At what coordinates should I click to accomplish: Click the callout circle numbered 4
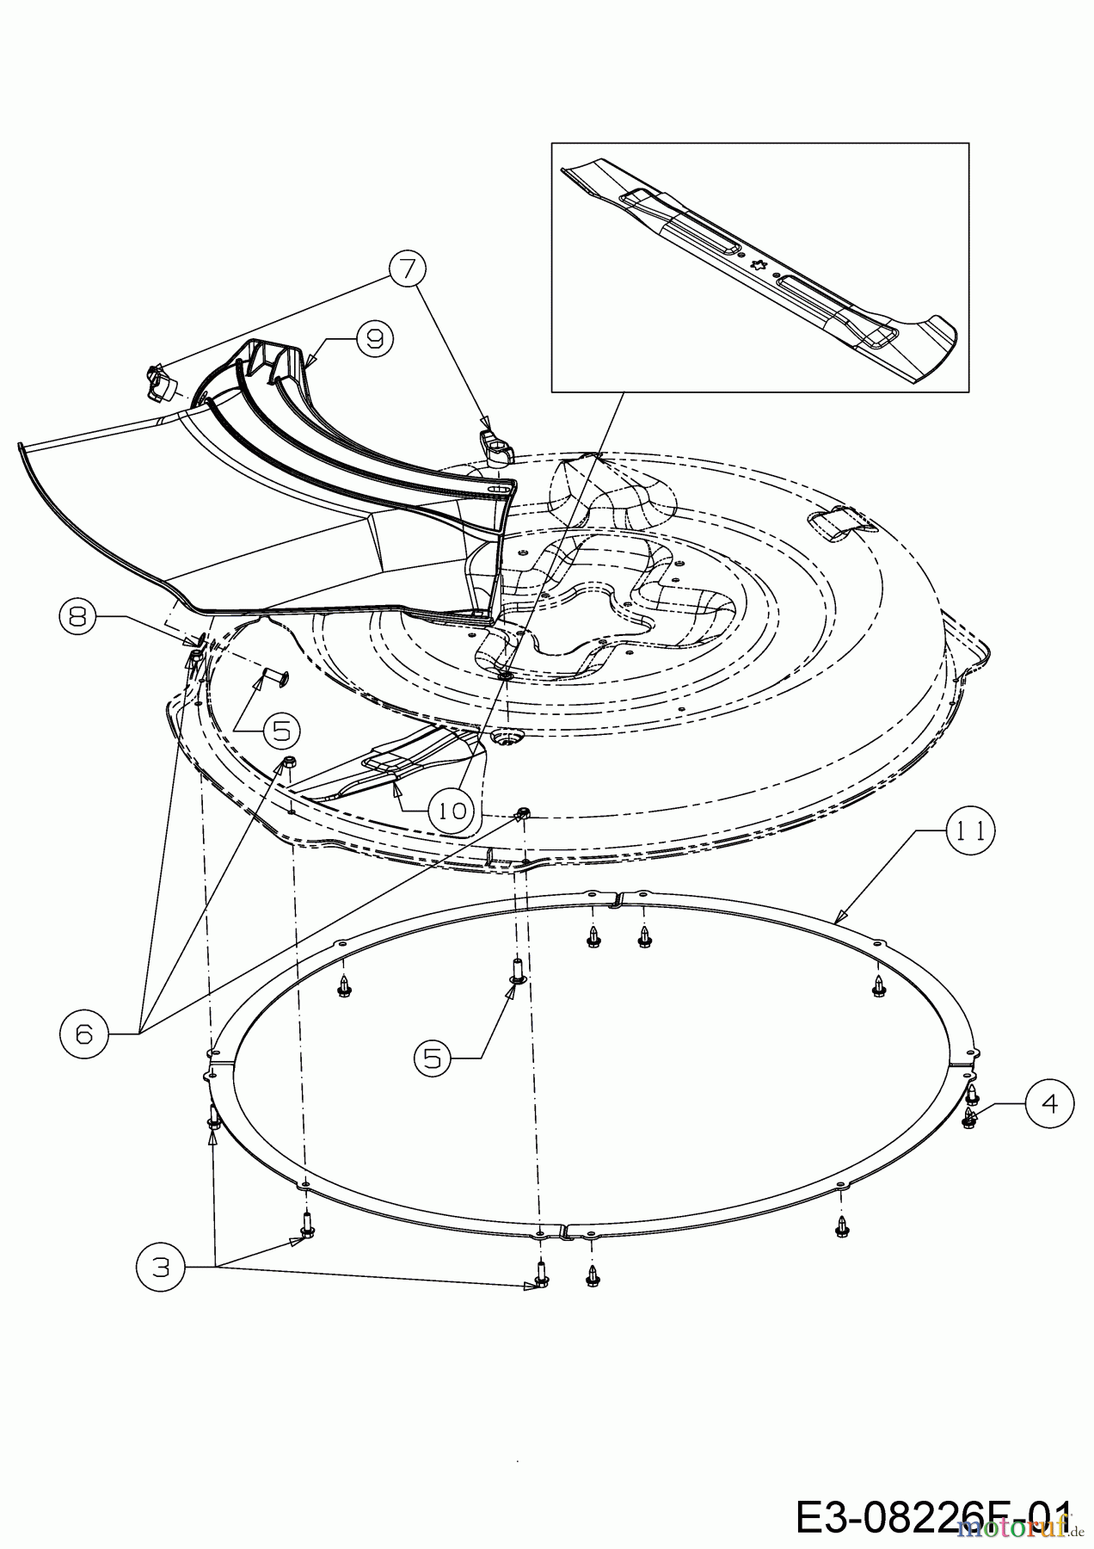tap(1049, 1102)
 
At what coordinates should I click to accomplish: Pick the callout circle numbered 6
tap(83, 1034)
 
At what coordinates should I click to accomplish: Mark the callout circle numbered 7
tap(408, 268)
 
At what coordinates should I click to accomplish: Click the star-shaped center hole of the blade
tap(759, 264)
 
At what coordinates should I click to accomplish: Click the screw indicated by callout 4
tap(970, 1118)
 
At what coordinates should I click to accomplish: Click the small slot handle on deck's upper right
tap(840, 523)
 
